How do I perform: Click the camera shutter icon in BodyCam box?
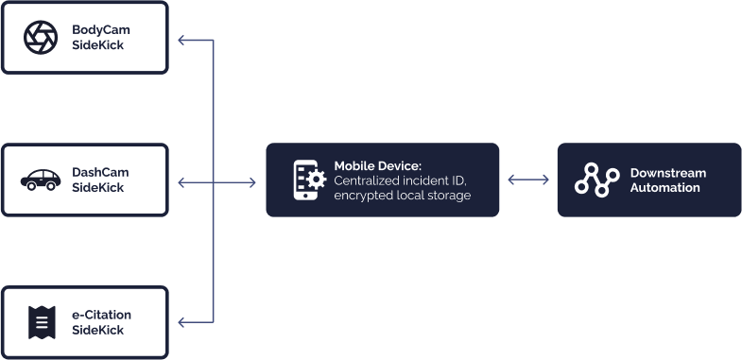(41, 38)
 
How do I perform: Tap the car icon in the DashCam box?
(41, 180)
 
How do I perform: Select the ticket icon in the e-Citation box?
(42, 322)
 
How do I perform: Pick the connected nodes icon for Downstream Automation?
(597, 180)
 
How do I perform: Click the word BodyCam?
(101, 30)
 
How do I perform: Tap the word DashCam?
(100, 172)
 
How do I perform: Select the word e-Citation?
(102, 315)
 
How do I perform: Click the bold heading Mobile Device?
(378, 166)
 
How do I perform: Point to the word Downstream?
(668, 173)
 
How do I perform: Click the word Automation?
(665, 187)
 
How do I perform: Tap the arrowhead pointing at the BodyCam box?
(181, 41)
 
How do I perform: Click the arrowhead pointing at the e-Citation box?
(181, 322)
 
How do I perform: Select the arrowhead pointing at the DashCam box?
(181, 182)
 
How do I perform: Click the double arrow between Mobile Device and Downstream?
(528, 180)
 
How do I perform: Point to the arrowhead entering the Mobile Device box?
(252, 182)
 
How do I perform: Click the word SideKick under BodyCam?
(98, 45)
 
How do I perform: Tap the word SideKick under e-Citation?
(98, 330)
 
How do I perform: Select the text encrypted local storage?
(403, 196)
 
